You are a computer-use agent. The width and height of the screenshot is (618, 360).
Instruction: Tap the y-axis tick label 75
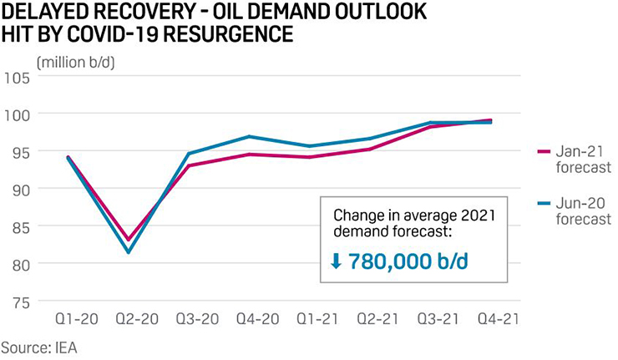18,302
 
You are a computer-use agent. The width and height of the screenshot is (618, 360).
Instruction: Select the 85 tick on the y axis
18,226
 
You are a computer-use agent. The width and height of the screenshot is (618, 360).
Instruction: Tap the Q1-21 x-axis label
310,321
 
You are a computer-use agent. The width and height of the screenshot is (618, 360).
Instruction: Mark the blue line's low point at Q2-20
129,252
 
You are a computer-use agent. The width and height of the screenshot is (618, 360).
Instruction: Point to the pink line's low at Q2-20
129,240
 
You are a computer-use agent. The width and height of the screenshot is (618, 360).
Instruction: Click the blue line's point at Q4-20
249,136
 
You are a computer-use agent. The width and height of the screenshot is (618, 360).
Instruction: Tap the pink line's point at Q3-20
189,165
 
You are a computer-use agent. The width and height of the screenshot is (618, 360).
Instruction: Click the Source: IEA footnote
41,346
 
